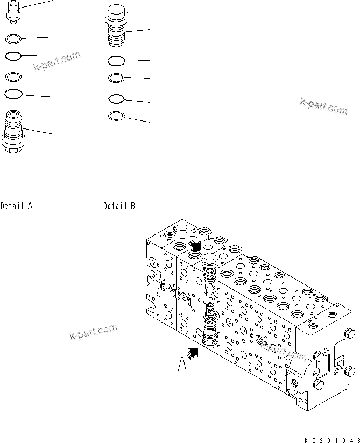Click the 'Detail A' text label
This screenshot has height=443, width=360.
click(x=17, y=205)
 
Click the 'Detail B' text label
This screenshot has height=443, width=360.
click(x=119, y=205)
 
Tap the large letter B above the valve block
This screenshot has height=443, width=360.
click(x=185, y=232)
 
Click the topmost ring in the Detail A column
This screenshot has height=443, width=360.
click(x=13, y=38)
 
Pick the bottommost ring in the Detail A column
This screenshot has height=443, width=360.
click(x=13, y=95)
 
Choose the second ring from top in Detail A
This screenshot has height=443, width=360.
click(x=13, y=56)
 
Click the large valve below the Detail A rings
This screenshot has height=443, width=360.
click(x=13, y=132)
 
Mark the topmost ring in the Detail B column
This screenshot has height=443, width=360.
click(x=116, y=61)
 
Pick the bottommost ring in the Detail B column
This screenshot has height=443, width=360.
click(x=116, y=116)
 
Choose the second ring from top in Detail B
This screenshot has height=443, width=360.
click(x=116, y=78)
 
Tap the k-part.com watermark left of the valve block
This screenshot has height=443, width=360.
click(x=93, y=332)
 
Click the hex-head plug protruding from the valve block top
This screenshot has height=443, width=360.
click(x=209, y=261)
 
